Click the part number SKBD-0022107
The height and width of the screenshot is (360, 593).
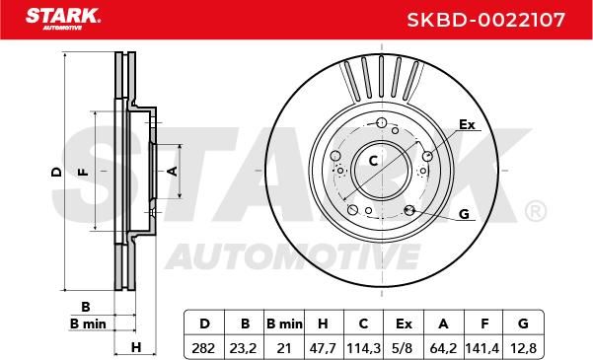[486, 20]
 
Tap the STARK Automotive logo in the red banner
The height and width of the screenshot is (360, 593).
[63, 19]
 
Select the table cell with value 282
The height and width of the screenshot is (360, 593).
[203, 348]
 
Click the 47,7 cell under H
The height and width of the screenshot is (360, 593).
[323, 348]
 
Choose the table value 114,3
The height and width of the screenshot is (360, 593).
[363, 348]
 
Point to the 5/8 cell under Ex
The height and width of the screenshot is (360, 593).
[404, 348]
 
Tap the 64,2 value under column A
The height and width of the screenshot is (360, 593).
[443, 348]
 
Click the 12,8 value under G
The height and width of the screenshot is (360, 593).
[523, 348]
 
